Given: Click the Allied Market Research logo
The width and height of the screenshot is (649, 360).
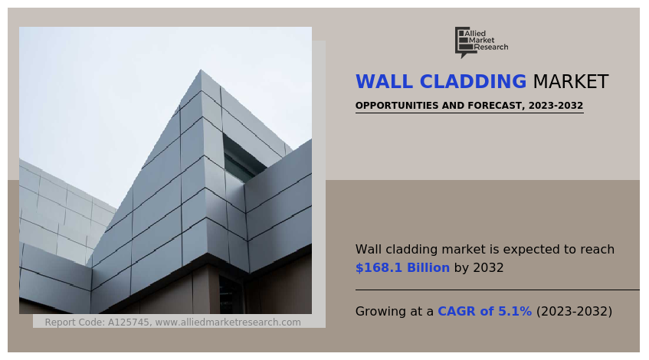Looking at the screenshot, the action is coord(481,42).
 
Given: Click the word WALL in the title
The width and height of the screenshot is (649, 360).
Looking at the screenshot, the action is coord(384,81).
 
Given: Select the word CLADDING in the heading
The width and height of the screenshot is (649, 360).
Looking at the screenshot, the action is coord(473,81).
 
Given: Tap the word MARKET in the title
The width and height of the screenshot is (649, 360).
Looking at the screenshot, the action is coord(571,81).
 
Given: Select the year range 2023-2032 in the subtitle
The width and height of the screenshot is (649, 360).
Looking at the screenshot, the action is coord(556,106).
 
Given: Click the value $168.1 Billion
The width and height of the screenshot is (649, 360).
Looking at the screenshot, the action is coord(402,268).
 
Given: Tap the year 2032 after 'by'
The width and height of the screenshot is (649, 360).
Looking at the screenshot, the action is coord(488,268).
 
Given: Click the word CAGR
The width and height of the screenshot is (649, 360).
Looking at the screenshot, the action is coord(457,311).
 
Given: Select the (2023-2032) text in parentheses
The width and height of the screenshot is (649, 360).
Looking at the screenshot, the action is coord(574,311).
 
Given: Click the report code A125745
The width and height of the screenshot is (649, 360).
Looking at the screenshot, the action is coord(129,322).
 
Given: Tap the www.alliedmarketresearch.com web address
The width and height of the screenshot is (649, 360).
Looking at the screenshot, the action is coord(228,322).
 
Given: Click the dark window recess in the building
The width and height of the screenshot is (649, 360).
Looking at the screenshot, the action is coord(241,159).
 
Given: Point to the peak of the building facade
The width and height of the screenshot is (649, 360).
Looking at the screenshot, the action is coord(201,70).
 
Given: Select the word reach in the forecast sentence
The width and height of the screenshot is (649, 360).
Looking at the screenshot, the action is coord(598,250).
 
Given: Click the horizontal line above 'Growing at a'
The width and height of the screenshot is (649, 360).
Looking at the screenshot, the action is coord(497,290).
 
